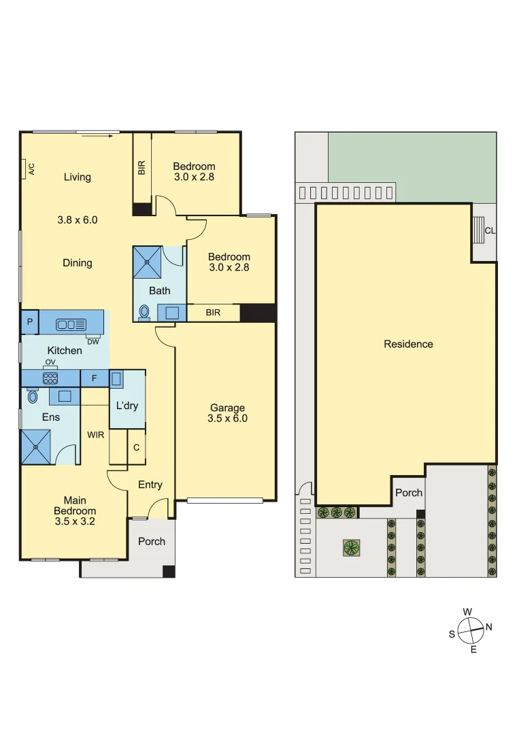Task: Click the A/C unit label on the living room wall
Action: (31, 169)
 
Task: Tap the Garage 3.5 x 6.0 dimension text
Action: (227, 419)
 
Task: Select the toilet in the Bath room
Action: (144, 312)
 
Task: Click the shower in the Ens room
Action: (37, 447)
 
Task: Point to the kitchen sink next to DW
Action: (71, 324)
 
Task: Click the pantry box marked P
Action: (30, 322)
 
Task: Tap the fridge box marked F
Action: (94, 378)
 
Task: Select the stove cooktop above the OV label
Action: (50, 378)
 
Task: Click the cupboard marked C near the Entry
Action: (137, 447)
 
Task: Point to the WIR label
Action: (95, 434)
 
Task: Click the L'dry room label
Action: (127, 406)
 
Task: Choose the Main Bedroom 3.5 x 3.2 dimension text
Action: (75, 522)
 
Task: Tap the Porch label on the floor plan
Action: (152, 541)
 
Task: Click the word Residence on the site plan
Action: (408, 344)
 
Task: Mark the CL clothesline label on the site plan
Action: (490, 230)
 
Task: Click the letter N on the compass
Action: (488, 627)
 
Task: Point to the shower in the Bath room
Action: (148, 262)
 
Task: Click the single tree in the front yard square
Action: (351, 547)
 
